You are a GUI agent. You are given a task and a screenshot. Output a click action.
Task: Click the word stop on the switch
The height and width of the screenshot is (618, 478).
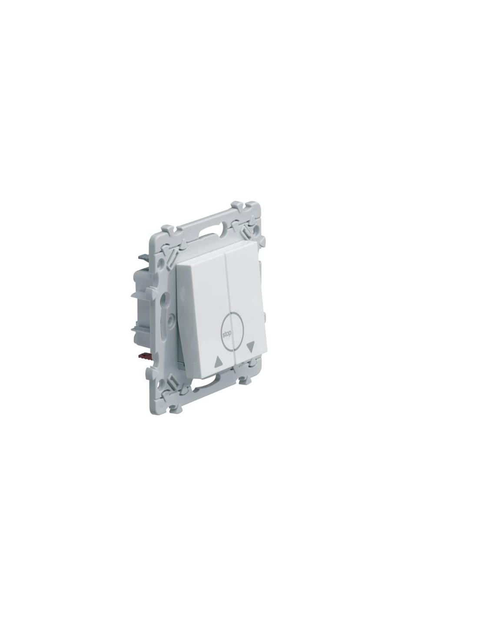(227, 335)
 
